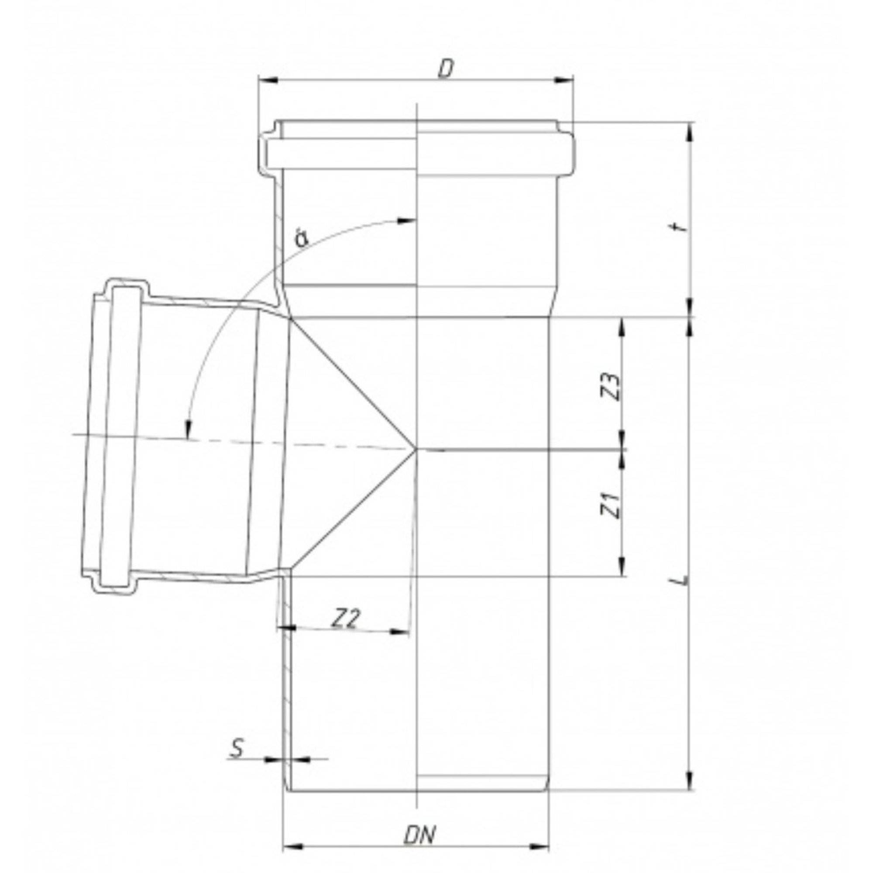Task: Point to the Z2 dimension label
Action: click(346, 619)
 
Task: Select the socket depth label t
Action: click(683, 226)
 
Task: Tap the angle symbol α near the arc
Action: click(301, 239)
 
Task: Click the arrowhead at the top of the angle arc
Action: click(407, 220)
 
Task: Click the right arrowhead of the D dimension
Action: click(564, 80)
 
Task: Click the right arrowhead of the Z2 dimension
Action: click(400, 631)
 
